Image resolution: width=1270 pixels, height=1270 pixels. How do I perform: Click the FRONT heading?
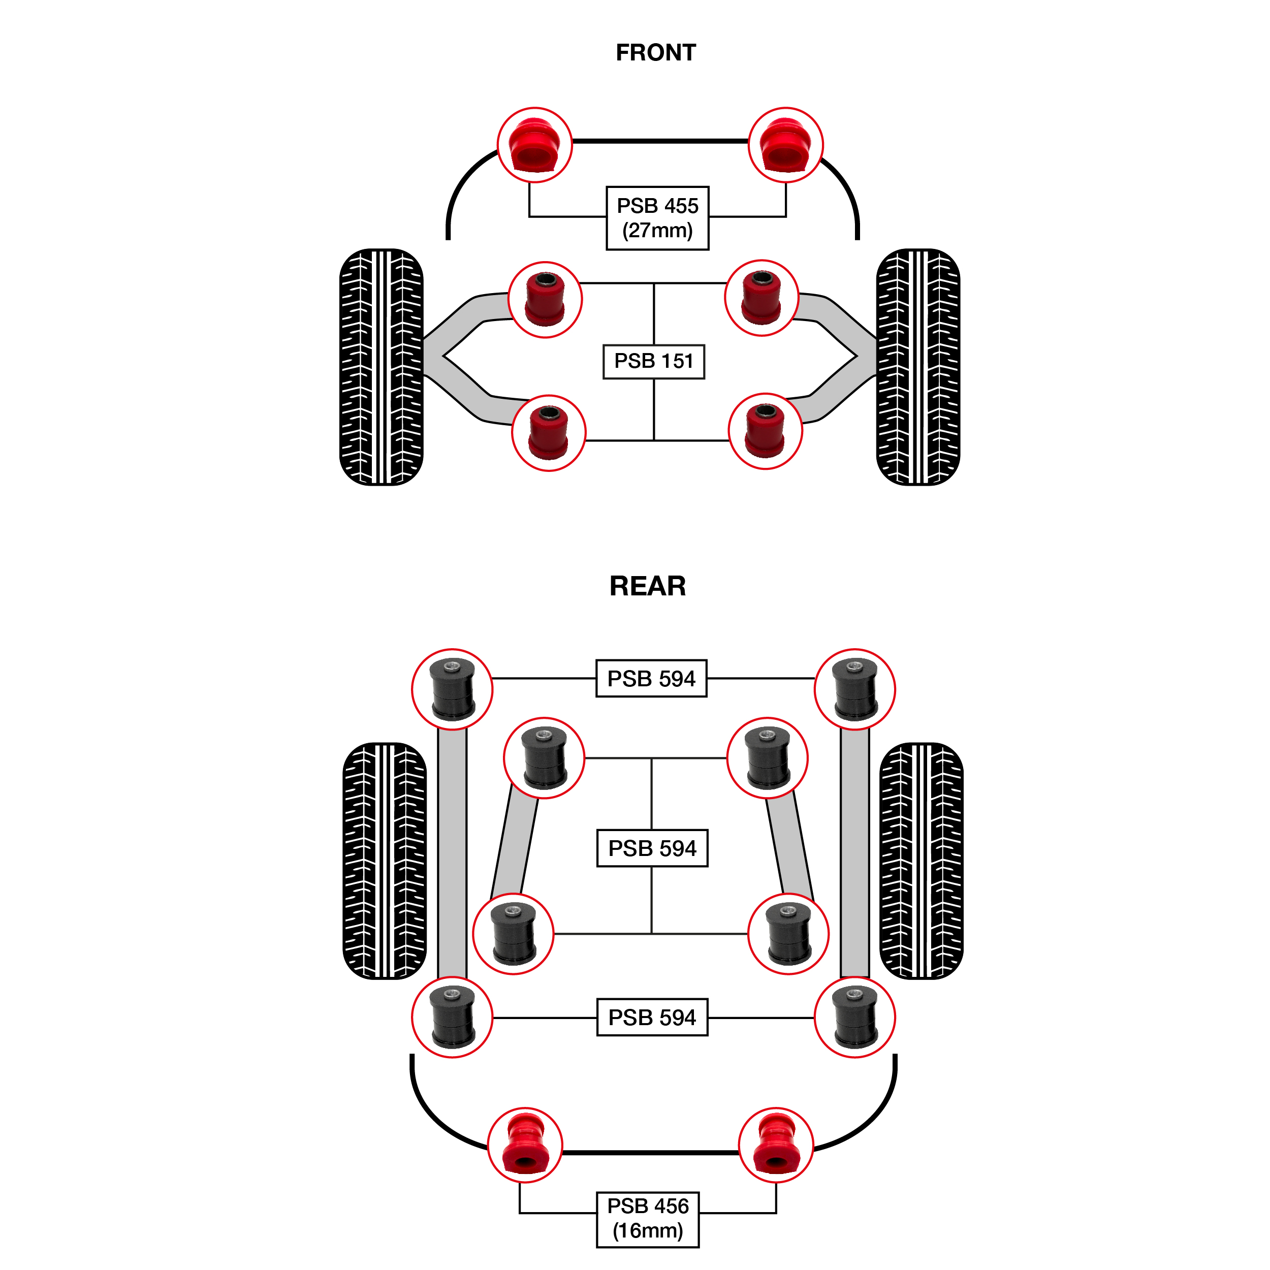click(x=655, y=53)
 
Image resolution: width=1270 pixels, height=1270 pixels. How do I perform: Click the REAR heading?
click(x=648, y=586)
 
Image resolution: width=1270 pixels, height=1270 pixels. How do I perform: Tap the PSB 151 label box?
click(x=653, y=362)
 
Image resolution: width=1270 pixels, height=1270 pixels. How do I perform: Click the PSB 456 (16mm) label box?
click(x=648, y=1219)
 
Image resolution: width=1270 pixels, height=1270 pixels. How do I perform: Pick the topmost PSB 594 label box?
click(x=651, y=678)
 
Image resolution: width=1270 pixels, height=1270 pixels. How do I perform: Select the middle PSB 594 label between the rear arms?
click(x=652, y=848)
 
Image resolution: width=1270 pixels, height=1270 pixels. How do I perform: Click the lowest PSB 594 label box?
click(x=652, y=1018)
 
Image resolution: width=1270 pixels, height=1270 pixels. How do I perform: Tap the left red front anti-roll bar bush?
click(x=534, y=145)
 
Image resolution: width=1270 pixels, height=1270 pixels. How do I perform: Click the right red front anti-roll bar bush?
click(x=785, y=145)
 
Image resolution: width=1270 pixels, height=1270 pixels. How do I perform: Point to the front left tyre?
click(x=382, y=367)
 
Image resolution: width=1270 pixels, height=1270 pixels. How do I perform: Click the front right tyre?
click(x=918, y=367)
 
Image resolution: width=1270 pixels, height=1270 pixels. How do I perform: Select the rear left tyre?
click(x=385, y=861)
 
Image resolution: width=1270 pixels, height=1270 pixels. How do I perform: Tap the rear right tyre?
click(x=921, y=861)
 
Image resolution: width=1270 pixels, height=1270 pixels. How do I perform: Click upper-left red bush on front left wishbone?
click(x=545, y=300)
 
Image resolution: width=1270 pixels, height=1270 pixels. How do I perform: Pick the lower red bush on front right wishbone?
click(x=765, y=431)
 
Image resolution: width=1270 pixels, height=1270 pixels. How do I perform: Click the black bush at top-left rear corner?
click(x=452, y=689)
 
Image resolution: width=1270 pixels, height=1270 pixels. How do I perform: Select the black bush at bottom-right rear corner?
click(x=854, y=1018)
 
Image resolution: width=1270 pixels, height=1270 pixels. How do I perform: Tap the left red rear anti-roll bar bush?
click(x=525, y=1145)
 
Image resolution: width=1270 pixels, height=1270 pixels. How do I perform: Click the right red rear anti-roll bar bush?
click(x=776, y=1145)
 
